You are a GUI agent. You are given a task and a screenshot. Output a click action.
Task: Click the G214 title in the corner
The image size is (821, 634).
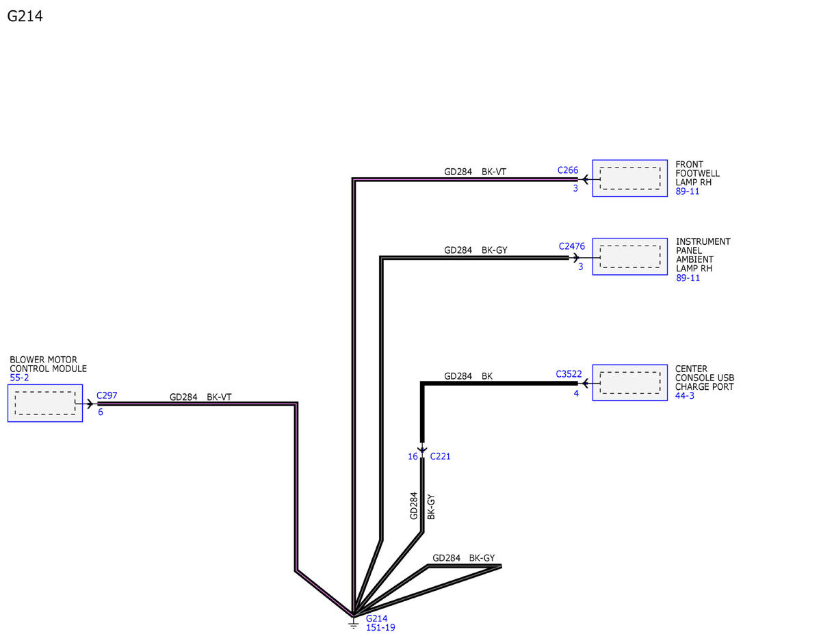coord(25,16)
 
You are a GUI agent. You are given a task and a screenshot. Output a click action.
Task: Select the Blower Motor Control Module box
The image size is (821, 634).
coord(45,403)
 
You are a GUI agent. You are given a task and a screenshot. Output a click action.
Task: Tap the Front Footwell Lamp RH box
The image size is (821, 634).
coord(629,179)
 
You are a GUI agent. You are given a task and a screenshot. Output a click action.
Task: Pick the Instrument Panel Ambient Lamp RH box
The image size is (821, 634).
coord(629,256)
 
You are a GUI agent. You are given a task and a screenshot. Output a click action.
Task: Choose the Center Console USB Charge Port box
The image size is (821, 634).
coord(629,382)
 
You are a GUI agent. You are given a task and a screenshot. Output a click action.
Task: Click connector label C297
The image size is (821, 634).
coord(107,395)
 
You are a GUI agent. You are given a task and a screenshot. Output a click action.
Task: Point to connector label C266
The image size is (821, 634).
coord(567,170)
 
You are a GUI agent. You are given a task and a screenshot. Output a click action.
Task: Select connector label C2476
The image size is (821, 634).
coord(571,246)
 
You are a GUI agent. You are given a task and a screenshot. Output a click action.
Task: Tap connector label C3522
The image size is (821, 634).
coord(569,374)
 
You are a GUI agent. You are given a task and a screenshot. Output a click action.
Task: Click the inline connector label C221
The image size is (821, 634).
coord(440,456)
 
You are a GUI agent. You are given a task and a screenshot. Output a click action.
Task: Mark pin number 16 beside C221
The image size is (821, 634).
coord(413,456)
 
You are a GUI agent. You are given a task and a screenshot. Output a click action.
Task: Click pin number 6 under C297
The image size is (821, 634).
coord(101,412)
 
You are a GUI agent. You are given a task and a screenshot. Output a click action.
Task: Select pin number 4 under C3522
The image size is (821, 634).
coord(576,393)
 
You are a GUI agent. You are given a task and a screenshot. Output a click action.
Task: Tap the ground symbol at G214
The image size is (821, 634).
coord(353,622)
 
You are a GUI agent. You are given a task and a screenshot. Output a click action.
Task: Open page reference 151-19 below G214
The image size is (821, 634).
coord(380,628)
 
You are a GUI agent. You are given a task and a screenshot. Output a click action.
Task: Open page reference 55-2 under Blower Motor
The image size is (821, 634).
coord(19,378)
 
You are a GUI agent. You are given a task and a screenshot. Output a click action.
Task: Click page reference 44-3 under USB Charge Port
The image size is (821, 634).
coord(685,395)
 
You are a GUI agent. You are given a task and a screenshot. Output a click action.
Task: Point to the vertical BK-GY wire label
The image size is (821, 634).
coord(431,507)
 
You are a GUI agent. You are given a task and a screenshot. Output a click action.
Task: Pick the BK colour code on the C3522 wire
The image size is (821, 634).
coord(487,376)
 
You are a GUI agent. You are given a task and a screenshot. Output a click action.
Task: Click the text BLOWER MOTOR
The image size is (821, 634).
coord(44,360)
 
